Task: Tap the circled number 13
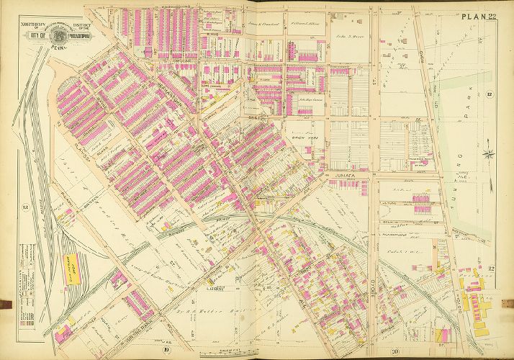click(25, 209)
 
